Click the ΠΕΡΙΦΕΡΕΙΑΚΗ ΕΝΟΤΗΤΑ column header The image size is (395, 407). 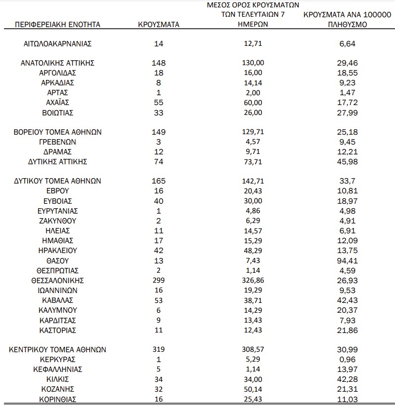click(58, 24)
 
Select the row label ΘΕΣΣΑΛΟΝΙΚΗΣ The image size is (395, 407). click(58, 280)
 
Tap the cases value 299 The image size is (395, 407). click(159, 280)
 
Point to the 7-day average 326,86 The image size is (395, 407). click(250, 280)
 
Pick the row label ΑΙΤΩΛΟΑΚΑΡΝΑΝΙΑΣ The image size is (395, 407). click(58, 43)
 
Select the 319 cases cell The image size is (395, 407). click(159, 349)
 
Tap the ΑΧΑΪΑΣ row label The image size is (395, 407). click(58, 103)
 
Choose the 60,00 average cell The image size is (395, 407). click(250, 103)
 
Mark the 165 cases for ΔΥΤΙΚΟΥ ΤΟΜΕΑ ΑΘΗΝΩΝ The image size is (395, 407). click(159, 181)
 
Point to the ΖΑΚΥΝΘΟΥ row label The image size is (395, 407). click(58, 221)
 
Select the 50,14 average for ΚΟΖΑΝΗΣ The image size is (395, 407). click(250, 389)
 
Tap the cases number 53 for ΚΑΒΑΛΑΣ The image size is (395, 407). click(159, 300)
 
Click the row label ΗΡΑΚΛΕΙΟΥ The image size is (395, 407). click(58, 251)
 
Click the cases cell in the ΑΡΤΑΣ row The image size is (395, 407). click(159, 93)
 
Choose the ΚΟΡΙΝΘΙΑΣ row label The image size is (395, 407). click(58, 399)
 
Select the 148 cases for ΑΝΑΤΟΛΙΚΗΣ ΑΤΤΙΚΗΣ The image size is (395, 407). click(159, 63)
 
